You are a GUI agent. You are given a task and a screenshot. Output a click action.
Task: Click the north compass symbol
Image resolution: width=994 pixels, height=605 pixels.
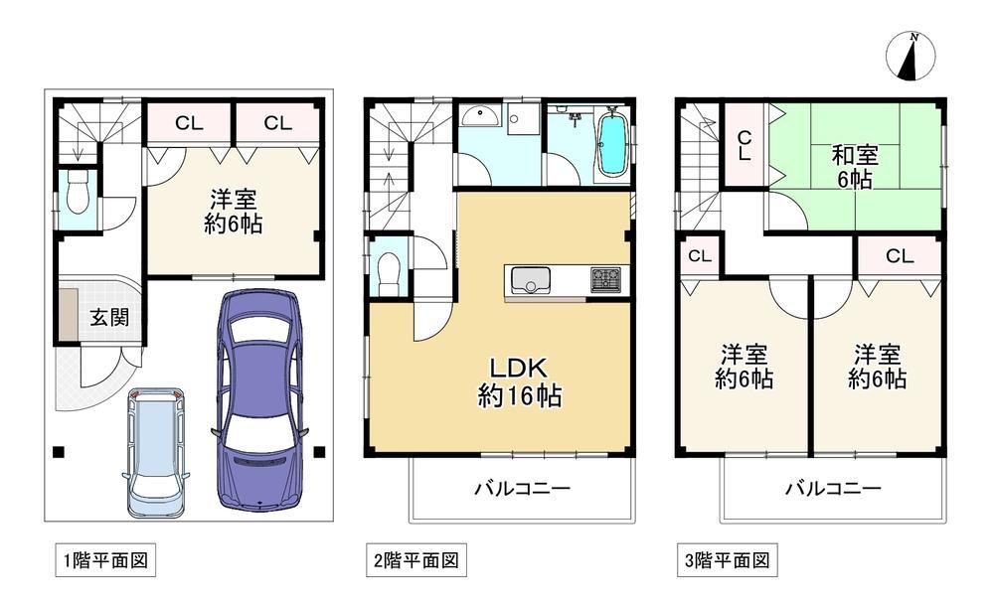pos(911,57)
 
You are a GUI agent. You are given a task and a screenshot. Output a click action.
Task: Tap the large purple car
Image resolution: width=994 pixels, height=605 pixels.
pos(260,399)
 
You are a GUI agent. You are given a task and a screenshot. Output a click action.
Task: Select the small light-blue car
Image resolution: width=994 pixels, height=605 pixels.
pos(156,452)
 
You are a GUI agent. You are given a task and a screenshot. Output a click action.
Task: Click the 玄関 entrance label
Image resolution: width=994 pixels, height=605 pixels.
pos(109,317)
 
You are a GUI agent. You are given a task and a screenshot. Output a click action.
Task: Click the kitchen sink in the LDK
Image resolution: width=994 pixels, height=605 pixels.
pos(531,280)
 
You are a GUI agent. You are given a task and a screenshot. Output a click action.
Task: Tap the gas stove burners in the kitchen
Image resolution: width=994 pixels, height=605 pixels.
pos(606,280)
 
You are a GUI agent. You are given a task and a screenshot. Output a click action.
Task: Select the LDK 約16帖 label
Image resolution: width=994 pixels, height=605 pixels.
pos(519,382)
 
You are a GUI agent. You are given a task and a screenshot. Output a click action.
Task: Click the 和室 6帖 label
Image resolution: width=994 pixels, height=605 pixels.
pos(855,167)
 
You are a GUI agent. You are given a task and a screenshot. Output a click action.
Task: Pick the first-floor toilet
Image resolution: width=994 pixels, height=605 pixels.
pos(78,194)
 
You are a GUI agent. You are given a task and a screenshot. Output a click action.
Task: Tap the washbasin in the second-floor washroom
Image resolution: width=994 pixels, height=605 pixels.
pos(480,116)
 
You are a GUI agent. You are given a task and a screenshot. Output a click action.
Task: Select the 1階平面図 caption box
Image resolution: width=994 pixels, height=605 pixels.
pos(105,560)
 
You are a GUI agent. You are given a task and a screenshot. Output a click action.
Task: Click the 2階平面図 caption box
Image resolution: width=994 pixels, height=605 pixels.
pos(416,560)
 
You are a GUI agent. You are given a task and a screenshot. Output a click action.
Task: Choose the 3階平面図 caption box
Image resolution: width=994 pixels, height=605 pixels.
pos(728,560)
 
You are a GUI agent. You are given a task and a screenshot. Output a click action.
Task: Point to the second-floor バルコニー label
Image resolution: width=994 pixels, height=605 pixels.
pos(523,489)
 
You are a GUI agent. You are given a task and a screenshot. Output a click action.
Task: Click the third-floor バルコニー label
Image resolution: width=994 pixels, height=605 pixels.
pos(834,489)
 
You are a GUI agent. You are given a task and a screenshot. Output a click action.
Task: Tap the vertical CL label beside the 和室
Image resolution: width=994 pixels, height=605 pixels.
pos(745,145)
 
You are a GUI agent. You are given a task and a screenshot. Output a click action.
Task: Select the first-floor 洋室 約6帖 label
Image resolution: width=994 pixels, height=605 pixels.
pos(234,212)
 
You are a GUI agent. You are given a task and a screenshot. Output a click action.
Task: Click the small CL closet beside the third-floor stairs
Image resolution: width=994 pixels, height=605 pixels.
pos(700,256)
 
